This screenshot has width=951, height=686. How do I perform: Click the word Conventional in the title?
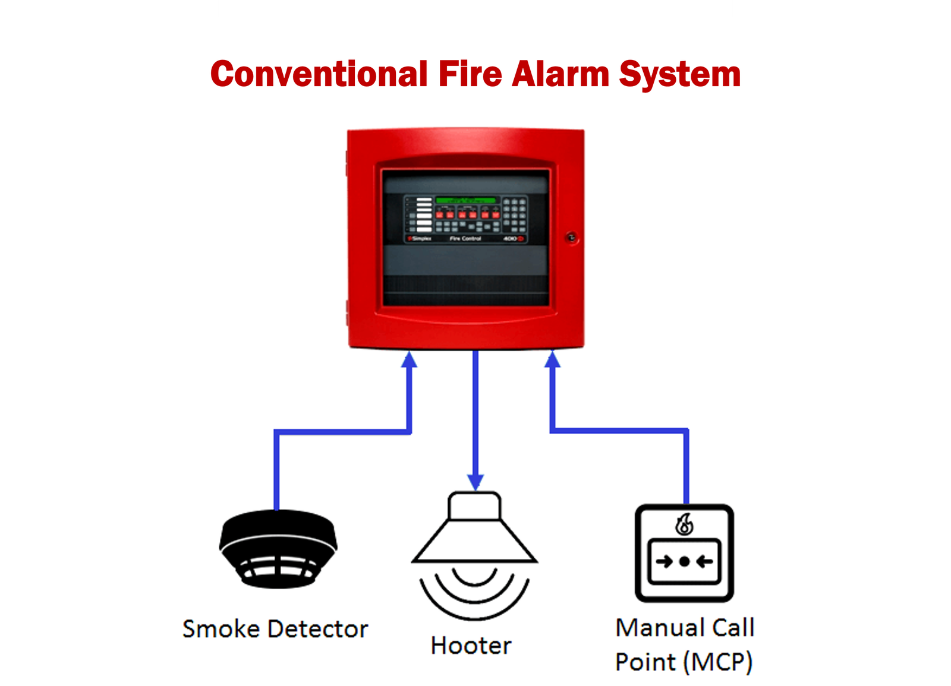click(x=319, y=74)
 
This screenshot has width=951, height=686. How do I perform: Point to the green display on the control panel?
click(x=465, y=200)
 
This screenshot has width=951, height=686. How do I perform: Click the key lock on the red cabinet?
click(x=571, y=238)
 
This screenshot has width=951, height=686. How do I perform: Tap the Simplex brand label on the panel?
click(x=420, y=239)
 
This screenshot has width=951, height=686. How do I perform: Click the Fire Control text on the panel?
click(x=465, y=239)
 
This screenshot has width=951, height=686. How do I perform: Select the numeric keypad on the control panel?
click(x=515, y=214)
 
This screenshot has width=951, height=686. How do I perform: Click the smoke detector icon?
click(x=278, y=548)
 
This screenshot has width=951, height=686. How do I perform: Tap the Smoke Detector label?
click(x=275, y=629)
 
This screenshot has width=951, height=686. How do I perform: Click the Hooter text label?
click(x=471, y=646)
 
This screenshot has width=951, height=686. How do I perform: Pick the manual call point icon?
click(x=684, y=553)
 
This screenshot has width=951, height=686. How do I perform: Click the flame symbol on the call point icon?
click(x=684, y=524)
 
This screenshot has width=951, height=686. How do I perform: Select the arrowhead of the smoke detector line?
click(x=409, y=359)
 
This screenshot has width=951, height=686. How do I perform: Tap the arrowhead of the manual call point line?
click(x=553, y=359)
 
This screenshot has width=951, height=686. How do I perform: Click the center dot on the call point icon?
click(x=684, y=561)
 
